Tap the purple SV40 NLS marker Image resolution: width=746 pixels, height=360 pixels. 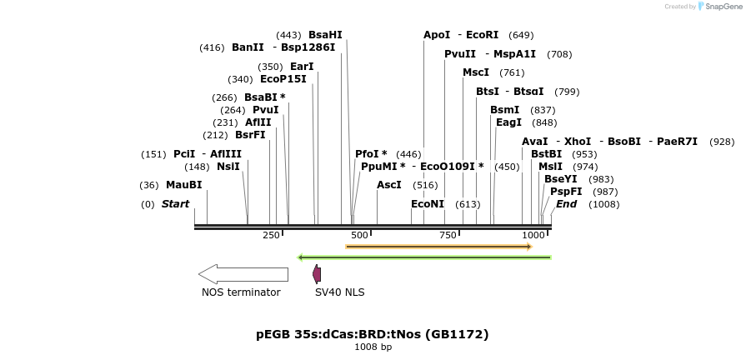point(317,273)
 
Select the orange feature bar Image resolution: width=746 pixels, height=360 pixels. point(438,247)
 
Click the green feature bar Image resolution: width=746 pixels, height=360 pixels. point(425,257)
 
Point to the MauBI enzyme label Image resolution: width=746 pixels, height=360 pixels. point(183,185)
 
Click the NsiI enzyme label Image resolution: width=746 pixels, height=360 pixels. point(228,167)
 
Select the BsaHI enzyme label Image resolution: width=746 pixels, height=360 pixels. point(325,35)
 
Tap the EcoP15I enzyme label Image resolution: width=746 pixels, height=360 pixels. point(283,80)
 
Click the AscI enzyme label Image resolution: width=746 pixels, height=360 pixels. point(389,185)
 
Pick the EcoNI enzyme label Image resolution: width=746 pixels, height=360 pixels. point(428,204)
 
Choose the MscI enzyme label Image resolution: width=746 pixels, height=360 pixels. point(476,72)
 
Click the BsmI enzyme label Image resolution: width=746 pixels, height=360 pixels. point(504,110)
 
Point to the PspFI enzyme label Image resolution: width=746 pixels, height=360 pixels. point(566,192)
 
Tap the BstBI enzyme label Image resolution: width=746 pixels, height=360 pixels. point(546,154)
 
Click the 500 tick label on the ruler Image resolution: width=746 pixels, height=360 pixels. point(359,236)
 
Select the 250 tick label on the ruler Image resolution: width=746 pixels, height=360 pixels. point(271,236)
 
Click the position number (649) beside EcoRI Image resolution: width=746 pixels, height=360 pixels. point(521,35)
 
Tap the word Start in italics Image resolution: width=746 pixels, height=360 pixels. point(175,204)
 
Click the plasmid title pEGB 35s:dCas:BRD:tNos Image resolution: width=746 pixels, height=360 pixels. point(372,334)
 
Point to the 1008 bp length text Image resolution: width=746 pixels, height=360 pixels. point(373,347)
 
